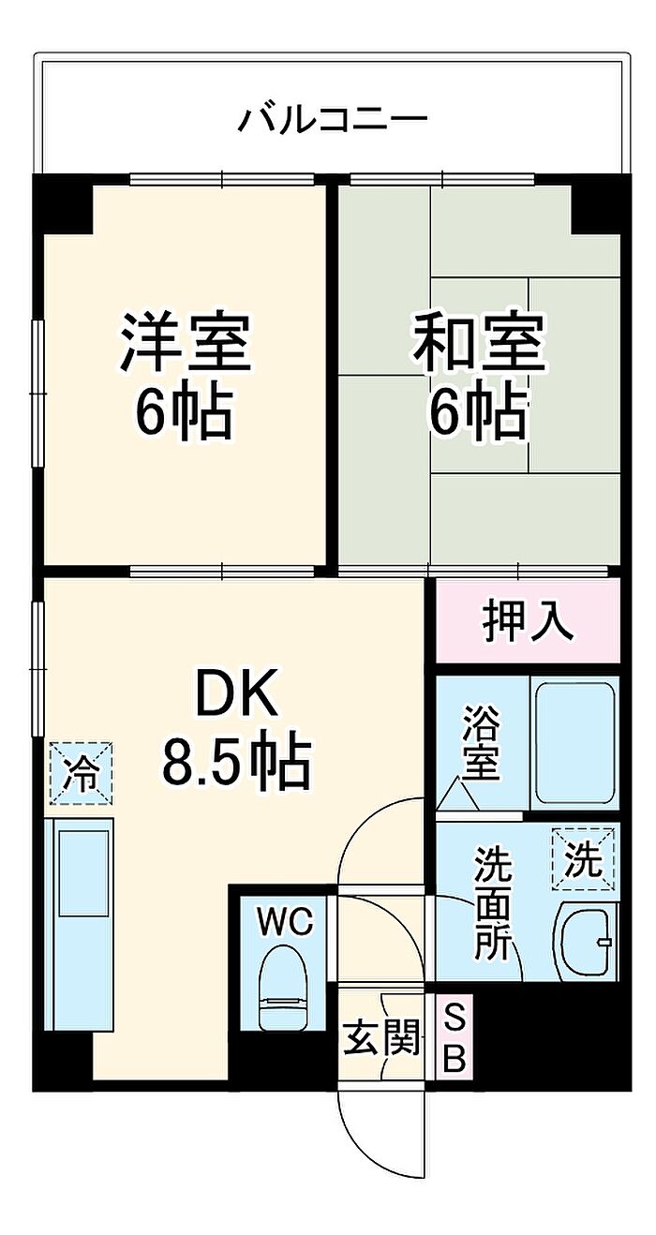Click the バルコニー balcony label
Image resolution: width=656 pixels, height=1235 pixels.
pos(333,120)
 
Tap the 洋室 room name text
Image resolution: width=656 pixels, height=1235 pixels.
pos(185,343)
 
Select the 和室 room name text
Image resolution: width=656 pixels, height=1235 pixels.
pos(479,343)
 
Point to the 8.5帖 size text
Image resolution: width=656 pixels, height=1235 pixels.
pos(236,761)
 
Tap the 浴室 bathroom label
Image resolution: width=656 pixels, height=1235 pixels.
pos(481,746)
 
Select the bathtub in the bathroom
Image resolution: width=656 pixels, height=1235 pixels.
pos(574,743)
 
